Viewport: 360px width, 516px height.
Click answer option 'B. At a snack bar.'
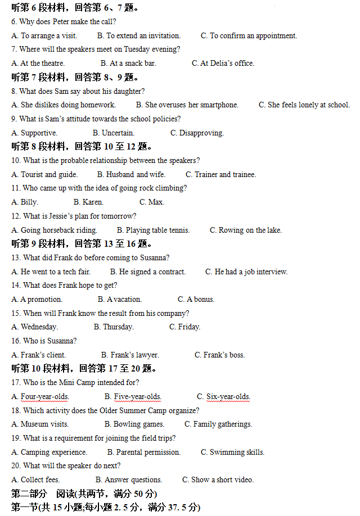128,64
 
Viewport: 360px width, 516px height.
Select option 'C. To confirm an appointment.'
249,36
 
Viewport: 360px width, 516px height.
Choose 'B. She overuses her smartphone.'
187,105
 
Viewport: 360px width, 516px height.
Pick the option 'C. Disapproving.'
197,133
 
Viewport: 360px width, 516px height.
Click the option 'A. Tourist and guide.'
44,175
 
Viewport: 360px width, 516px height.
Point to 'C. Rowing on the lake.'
246,230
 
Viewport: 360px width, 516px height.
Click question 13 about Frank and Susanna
90,258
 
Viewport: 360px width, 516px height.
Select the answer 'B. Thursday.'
114,327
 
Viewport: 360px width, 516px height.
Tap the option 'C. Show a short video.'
218,480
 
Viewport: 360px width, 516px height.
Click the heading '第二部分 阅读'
84,494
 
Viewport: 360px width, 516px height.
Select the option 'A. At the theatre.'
38,64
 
